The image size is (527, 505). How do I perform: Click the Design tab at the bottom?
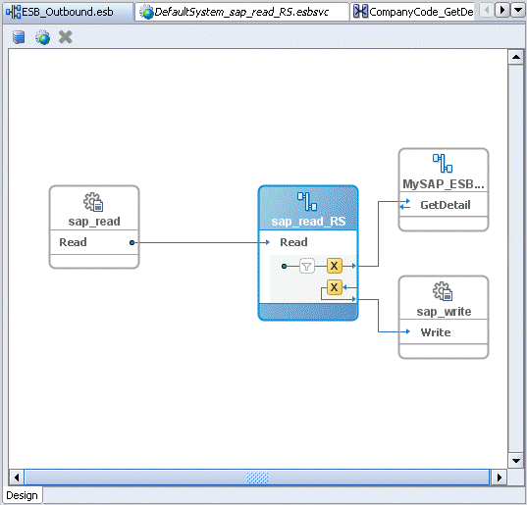click(22, 494)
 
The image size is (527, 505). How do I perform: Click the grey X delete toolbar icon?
click(66, 37)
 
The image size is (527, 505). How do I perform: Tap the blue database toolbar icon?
click(20, 37)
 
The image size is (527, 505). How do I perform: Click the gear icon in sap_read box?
click(93, 203)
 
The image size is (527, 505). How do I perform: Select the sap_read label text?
click(94, 222)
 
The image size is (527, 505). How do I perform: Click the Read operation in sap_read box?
click(74, 242)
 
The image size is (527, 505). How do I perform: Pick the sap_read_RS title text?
click(308, 222)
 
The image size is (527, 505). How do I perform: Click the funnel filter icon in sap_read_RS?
click(307, 266)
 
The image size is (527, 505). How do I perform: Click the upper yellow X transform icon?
click(334, 266)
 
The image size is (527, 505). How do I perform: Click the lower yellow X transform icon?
click(334, 287)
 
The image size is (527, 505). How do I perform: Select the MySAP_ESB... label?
click(444, 183)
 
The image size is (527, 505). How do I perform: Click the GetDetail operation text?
click(445, 205)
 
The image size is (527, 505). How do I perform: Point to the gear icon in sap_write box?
click(443, 291)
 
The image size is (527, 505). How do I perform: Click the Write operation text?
click(436, 332)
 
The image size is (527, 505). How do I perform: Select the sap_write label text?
click(444, 312)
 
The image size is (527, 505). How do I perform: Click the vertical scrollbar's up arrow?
click(515, 57)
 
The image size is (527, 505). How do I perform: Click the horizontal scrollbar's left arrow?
click(17, 477)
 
